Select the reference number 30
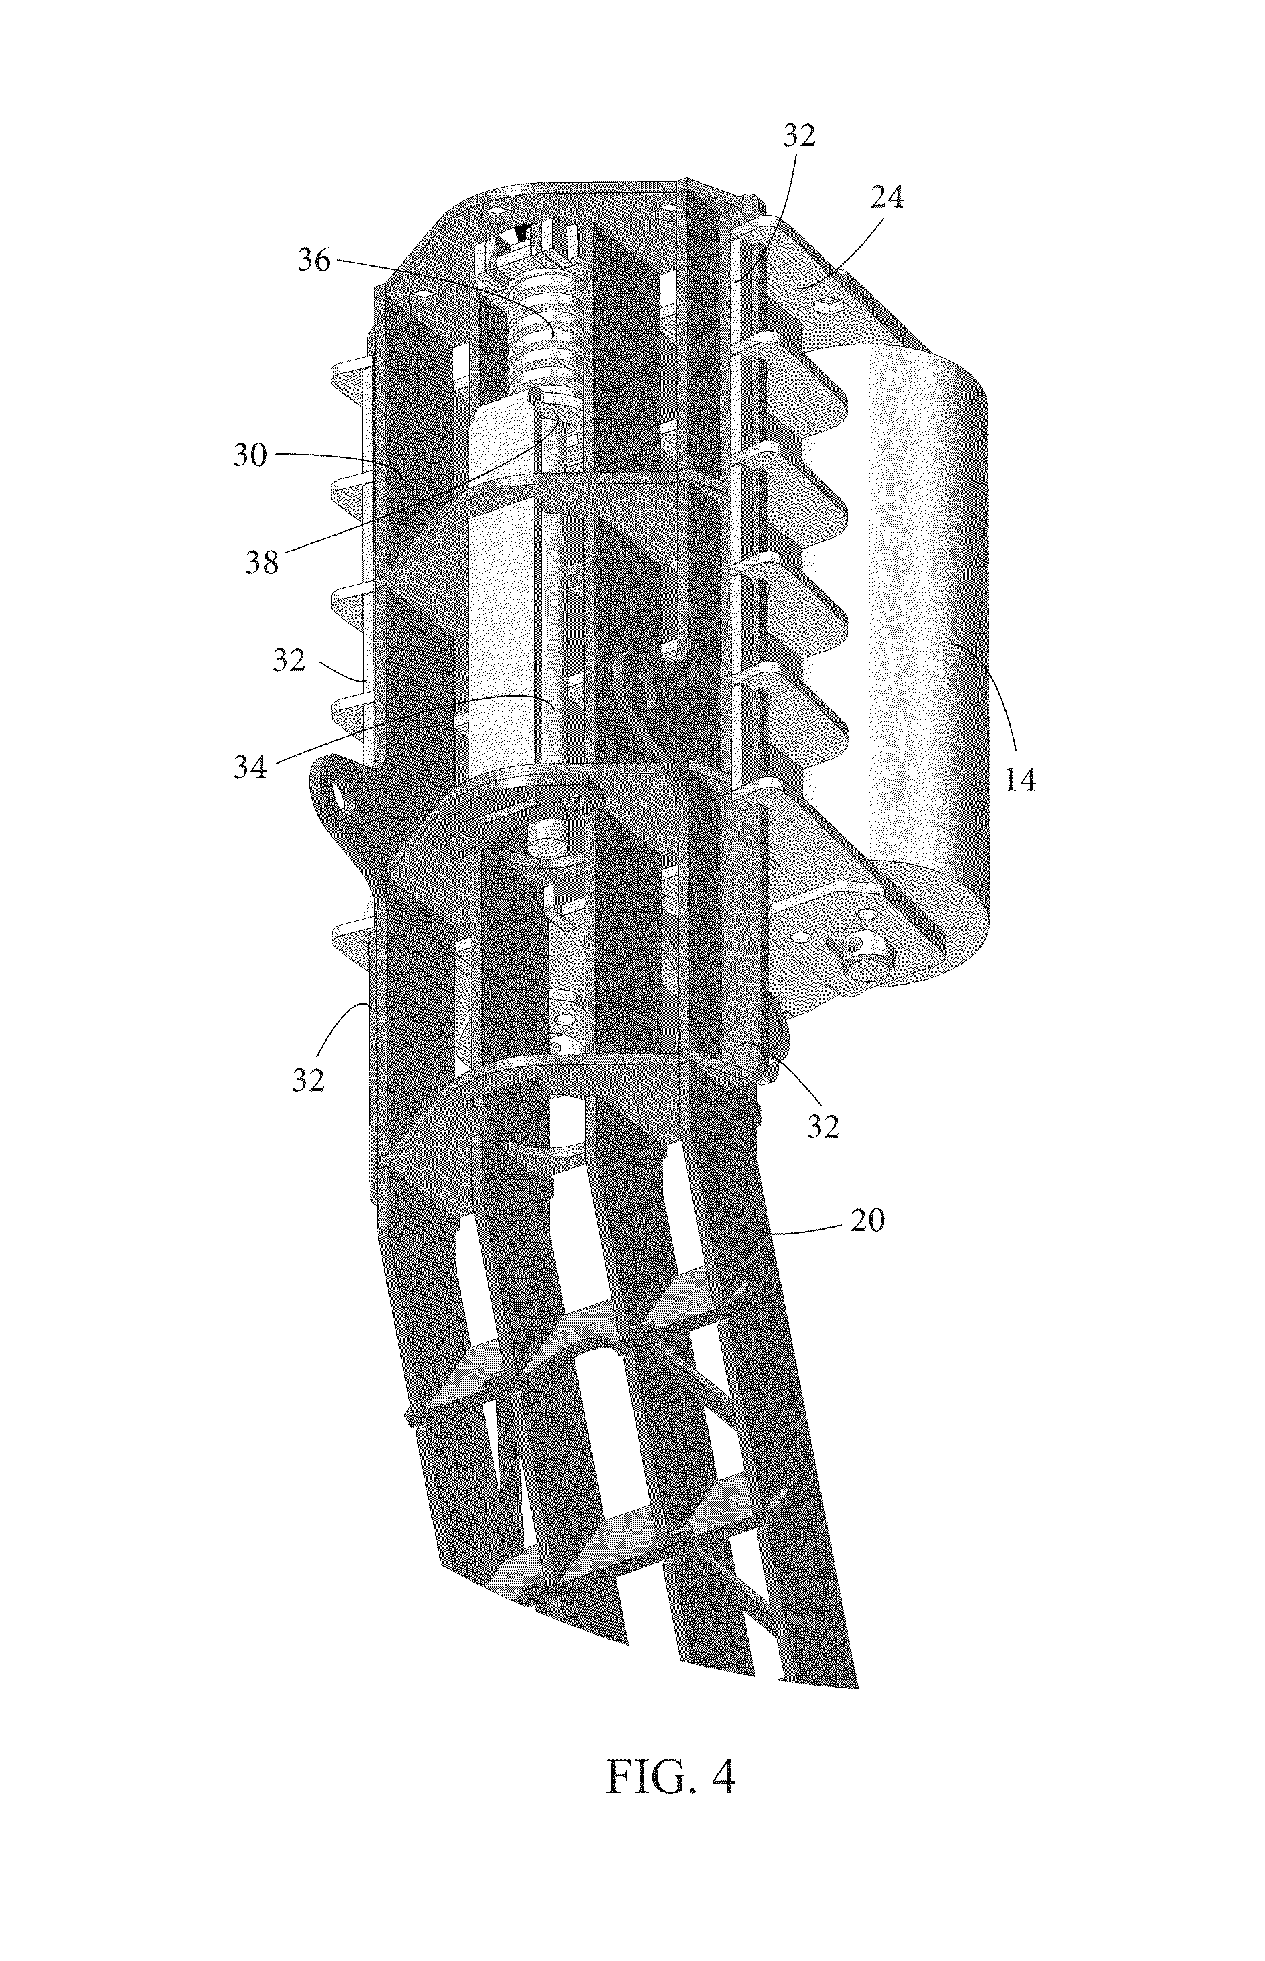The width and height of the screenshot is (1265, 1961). coord(250,454)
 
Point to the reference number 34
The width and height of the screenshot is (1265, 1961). coord(250,768)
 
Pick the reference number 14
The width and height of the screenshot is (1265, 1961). coord(1020,779)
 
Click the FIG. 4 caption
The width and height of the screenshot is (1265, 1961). coord(670,1776)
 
